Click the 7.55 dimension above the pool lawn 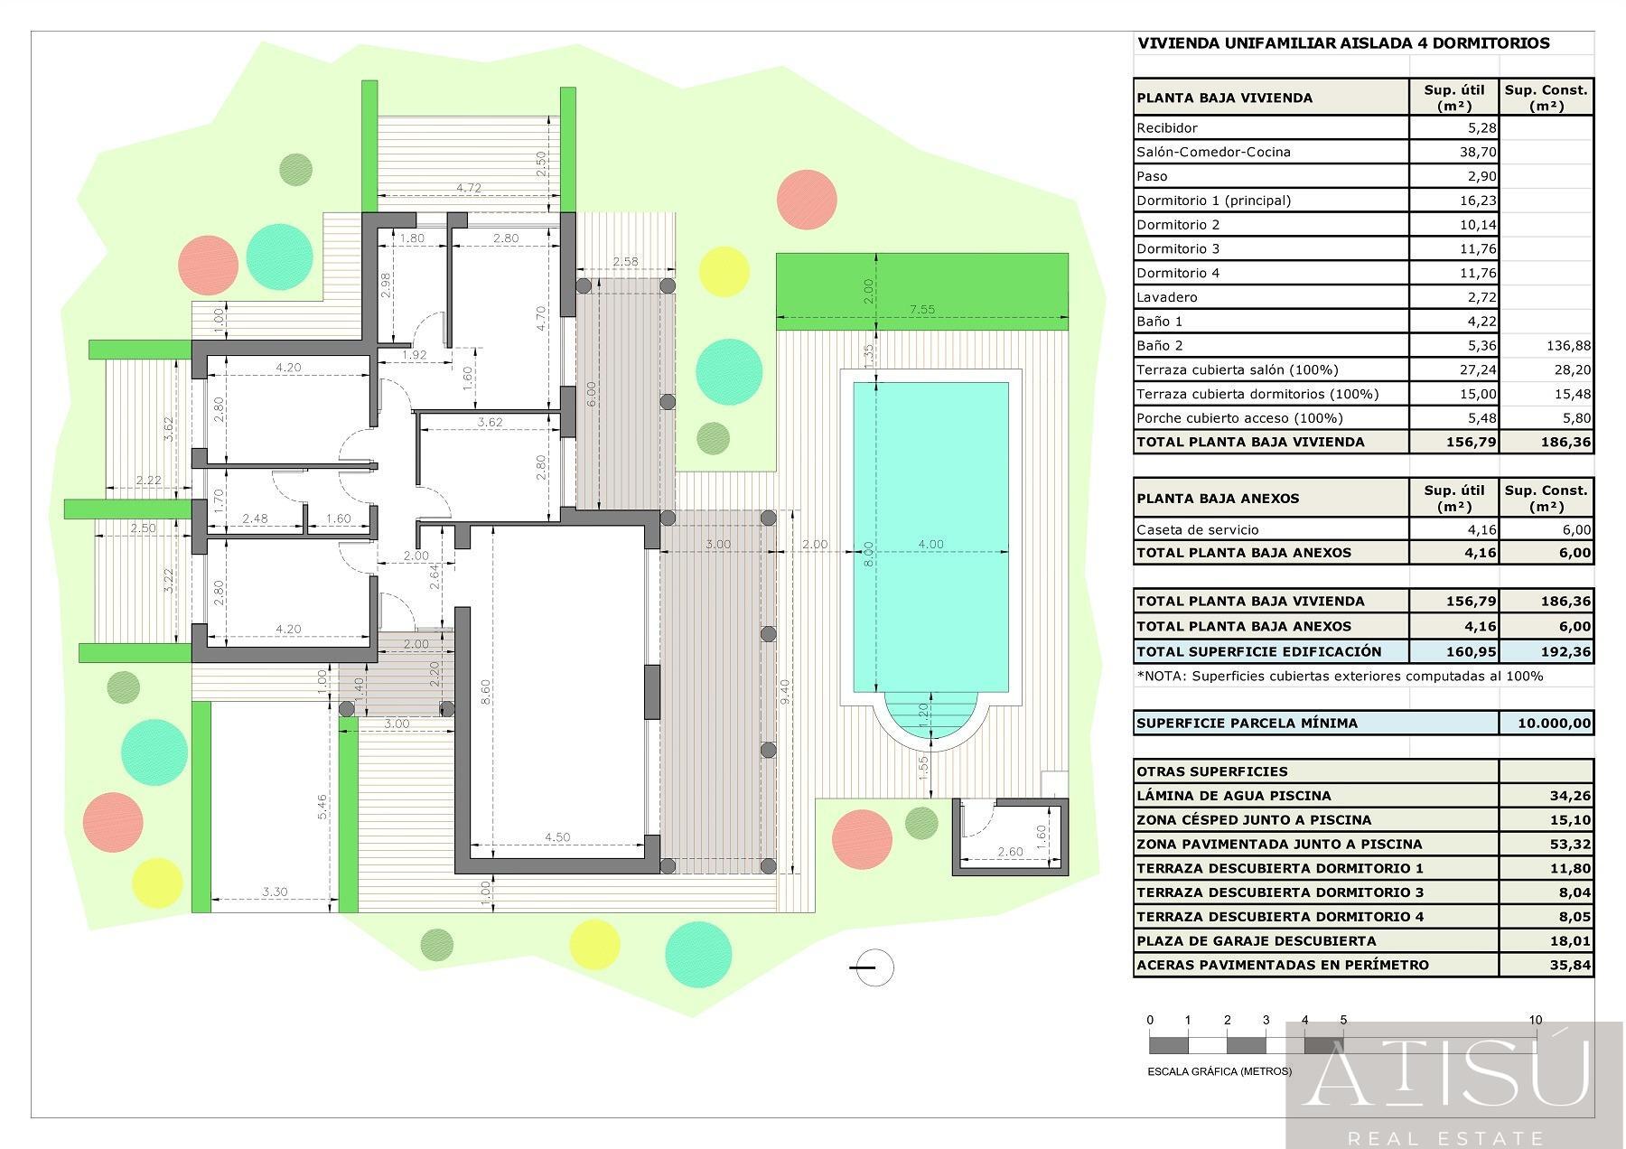tap(921, 309)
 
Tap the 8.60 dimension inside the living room tap(486, 692)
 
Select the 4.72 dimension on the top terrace tap(469, 188)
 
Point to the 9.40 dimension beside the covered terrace tap(785, 692)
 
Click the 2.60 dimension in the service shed tap(1010, 851)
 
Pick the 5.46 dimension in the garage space tap(322, 807)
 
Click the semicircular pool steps tap(930, 720)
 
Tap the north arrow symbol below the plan tap(872, 967)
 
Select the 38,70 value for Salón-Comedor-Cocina tap(1478, 152)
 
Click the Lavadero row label tap(1167, 297)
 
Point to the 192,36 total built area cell tap(1569, 651)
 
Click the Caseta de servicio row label tap(1197, 530)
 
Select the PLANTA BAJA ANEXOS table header tap(1218, 498)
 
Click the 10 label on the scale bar tap(1536, 1020)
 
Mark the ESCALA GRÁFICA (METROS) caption tap(1219, 1071)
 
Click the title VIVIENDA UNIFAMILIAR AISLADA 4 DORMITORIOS tap(1343, 42)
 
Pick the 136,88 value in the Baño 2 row tap(1569, 345)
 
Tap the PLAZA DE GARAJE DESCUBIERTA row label tap(1257, 940)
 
